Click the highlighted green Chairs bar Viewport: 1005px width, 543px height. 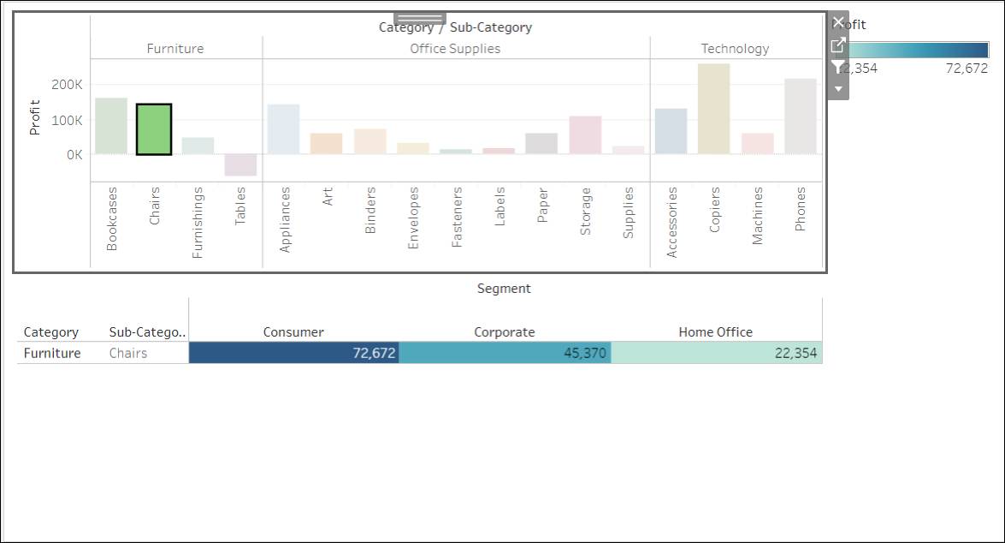(x=154, y=129)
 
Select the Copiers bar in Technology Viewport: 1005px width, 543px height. (x=713, y=109)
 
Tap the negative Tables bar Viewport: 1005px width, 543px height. (x=240, y=164)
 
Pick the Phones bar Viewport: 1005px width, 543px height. (x=800, y=116)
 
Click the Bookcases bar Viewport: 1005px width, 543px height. (x=111, y=126)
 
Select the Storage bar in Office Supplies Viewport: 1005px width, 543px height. (x=585, y=134)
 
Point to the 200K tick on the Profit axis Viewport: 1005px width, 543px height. (x=67, y=85)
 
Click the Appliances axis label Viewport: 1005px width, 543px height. (x=285, y=219)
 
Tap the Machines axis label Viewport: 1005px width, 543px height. (x=757, y=217)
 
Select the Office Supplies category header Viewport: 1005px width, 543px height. (x=455, y=49)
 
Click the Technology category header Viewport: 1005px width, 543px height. (x=735, y=49)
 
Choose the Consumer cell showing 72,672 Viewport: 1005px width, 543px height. (x=293, y=353)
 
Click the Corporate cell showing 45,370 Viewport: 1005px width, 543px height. (x=505, y=353)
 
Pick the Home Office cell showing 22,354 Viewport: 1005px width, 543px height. (x=716, y=353)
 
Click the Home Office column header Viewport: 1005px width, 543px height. (x=715, y=332)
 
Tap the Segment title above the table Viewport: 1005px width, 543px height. (x=504, y=289)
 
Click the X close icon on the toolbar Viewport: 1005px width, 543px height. (x=838, y=21)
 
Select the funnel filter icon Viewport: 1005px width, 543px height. (x=838, y=66)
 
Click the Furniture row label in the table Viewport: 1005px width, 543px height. (x=52, y=353)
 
